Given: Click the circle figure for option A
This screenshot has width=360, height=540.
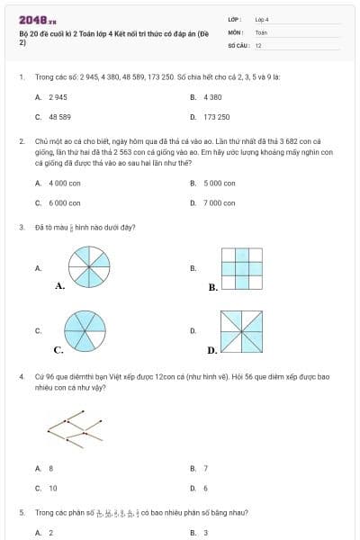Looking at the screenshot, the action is [x=90, y=267].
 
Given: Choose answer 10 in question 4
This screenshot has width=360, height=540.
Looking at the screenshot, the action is [x=53, y=489].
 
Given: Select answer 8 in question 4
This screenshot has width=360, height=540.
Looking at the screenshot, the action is [x=51, y=468].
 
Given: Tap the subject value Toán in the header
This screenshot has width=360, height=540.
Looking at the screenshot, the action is [x=261, y=31].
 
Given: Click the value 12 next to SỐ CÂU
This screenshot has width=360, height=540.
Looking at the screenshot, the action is [x=258, y=44].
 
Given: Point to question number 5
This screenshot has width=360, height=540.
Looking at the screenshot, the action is [x=21, y=512].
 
